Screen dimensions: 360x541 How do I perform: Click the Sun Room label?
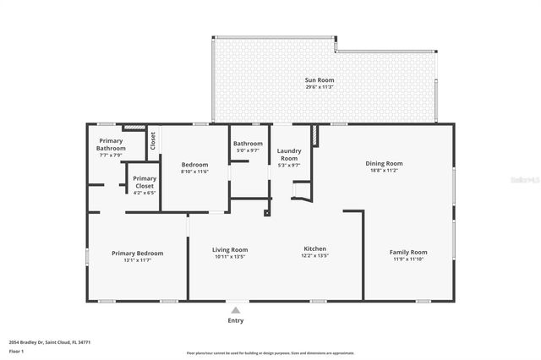click(x=320, y=80)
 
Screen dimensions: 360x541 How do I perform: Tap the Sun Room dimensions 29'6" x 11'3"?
click(x=320, y=87)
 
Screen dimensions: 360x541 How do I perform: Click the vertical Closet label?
click(x=153, y=141)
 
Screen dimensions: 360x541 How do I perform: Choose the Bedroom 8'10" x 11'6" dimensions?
click(x=194, y=172)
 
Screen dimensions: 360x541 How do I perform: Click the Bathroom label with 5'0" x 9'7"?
click(x=249, y=144)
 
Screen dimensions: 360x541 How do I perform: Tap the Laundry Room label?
click(x=289, y=154)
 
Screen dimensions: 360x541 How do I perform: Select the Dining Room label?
click(x=384, y=163)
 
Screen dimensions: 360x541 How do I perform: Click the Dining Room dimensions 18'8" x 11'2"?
click(x=384, y=170)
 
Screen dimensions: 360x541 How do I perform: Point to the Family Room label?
click(x=408, y=252)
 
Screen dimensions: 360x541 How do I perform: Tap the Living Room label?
click(x=229, y=249)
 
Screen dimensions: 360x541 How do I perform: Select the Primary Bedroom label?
click(x=138, y=253)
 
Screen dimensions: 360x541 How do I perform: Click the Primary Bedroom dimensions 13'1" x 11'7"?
click(x=138, y=259)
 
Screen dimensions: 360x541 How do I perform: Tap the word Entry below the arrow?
click(x=236, y=320)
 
